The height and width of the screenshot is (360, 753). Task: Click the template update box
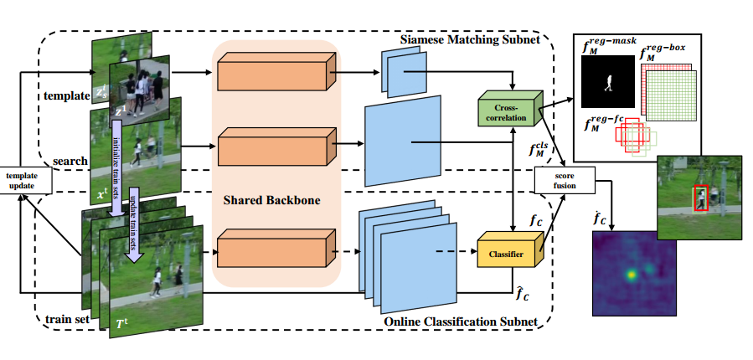tap(27, 179)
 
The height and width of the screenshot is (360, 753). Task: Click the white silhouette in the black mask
tap(608, 85)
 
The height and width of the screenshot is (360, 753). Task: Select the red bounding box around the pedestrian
tap(701, 198)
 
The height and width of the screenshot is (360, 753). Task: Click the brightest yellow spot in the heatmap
tap(630, 274)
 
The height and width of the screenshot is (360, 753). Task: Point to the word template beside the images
tap(68, 95)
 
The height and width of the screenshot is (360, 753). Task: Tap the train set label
tap(62, 318)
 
